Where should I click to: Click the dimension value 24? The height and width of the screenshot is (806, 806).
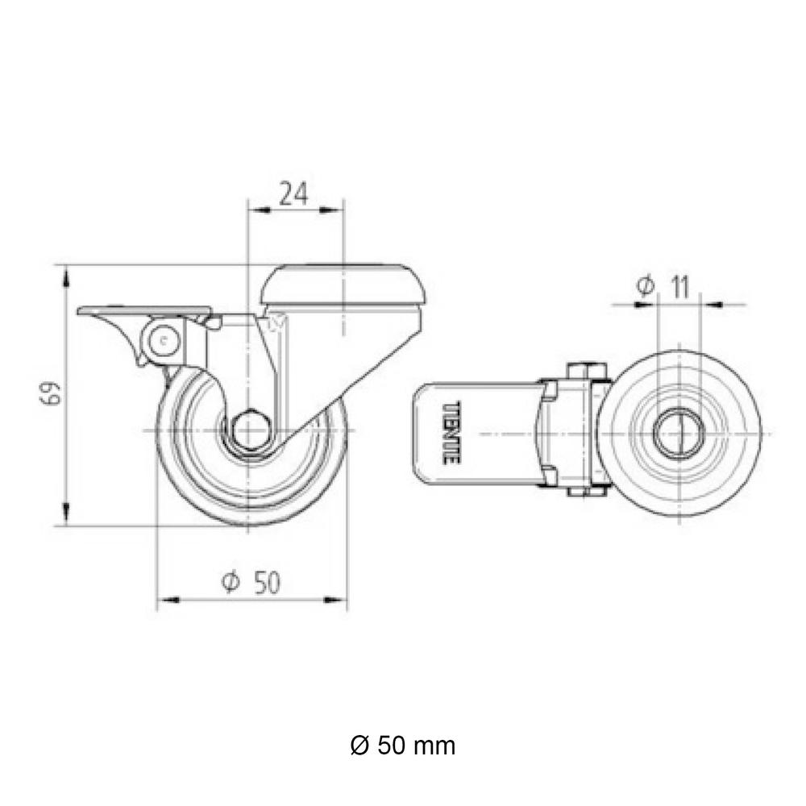pos(293,194)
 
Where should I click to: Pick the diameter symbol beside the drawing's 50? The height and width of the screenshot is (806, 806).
pos(229,583)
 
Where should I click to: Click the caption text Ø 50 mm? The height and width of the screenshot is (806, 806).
pos(403,746)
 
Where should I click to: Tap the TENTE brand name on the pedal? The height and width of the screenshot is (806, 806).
pos(451,433)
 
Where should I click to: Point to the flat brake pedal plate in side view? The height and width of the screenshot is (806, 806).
pos(145,311)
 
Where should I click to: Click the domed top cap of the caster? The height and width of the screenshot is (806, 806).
pos(344,283)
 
